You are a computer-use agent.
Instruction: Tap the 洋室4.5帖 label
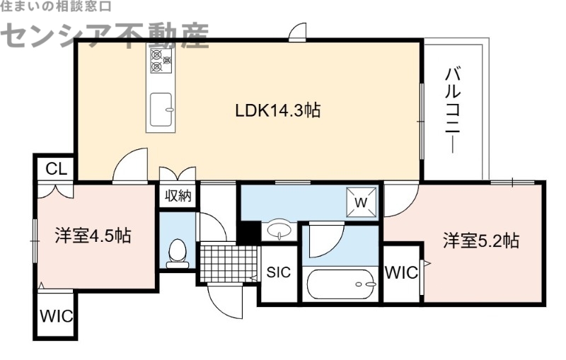coord(92,236)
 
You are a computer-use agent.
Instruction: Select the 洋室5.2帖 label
coord(481,240)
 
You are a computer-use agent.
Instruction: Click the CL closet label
coord(56,168)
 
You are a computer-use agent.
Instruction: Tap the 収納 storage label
coord(178,197)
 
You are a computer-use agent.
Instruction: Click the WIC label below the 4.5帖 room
coord(56,316)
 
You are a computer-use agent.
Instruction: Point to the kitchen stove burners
coord(160,61)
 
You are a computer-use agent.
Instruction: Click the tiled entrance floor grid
coord(226,263)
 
